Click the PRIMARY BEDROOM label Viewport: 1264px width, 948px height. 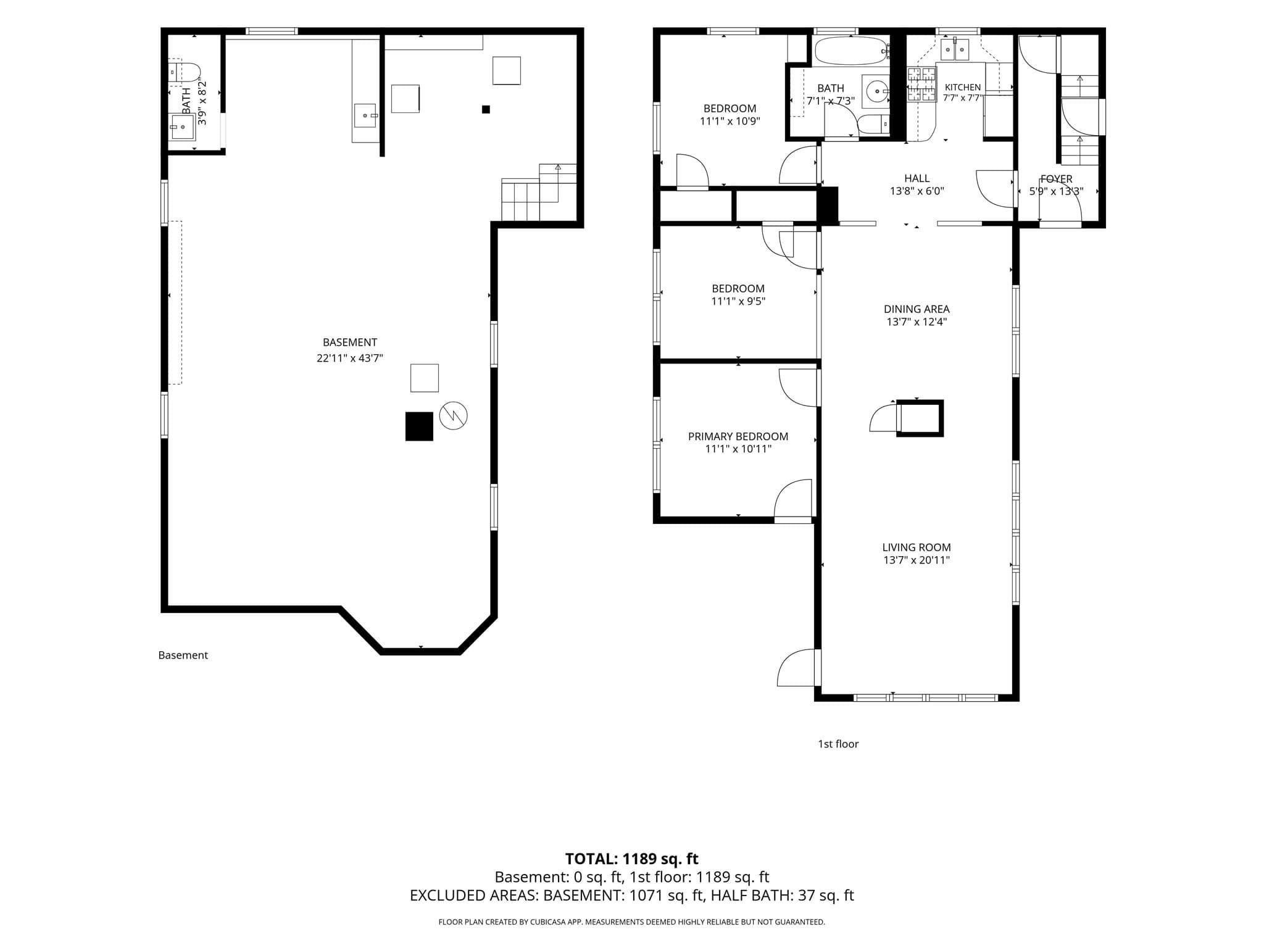[x=738, y=436]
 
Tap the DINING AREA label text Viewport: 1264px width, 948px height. [x=917, y=309]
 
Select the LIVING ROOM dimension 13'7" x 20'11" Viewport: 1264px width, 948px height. [x=917, y=560]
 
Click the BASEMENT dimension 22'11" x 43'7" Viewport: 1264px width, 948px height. [x=350, y=358]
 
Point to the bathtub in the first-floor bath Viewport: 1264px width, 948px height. [x=851, y=51]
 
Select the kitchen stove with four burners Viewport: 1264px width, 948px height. [x=921, y=85]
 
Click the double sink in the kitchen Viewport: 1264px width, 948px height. [x=955, y=49]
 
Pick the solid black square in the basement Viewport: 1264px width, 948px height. [x=419, y=426]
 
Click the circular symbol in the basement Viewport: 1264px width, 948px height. [x=453, y=416]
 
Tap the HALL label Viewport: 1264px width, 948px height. [x=917, y=179]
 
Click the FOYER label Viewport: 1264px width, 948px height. [x=1056, y=179]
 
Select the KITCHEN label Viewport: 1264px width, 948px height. [x=963, y=88]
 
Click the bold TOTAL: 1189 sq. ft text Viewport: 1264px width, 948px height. [x=631, y=859]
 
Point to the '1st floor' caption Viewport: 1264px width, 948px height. [x=838, y=744]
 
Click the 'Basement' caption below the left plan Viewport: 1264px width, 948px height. [x=183, y=655]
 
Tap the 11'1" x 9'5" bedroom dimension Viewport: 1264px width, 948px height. [x=738, y=301]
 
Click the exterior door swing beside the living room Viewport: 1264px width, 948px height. [x=796, y=667]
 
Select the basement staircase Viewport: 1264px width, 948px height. [x=539, y=192]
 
